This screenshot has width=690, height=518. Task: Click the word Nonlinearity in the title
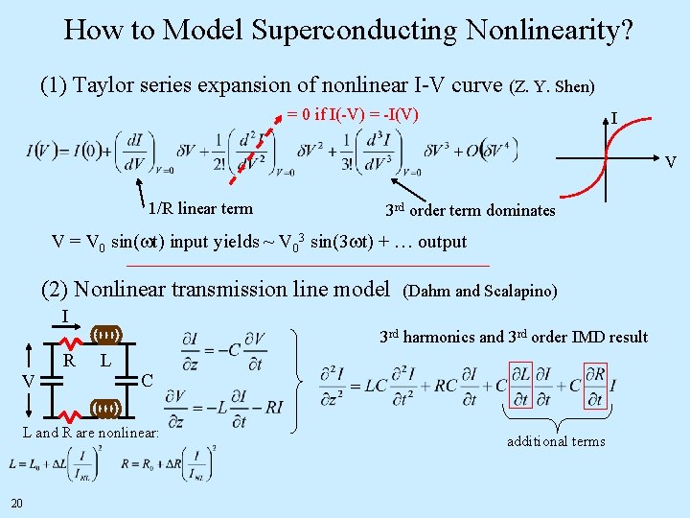point(548,31)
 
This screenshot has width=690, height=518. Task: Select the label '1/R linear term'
point(200,208)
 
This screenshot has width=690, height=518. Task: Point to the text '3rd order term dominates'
point(470,210)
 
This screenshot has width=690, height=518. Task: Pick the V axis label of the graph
point(671,162)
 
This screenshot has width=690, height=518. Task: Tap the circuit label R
point(69,361)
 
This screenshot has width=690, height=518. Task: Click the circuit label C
point(147,381)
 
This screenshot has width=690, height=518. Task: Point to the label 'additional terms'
point(556,441)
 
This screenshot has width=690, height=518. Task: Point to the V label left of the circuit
point(28,382)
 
